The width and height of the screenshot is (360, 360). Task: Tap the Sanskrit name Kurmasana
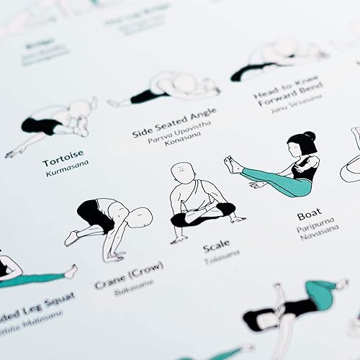pos(65,174)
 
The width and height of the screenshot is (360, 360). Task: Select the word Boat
pos(309,215)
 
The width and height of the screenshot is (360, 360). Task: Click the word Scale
pos(216,247)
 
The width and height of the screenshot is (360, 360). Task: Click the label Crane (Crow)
pos(130,276)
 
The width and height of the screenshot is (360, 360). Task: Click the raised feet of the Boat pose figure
pos(232,165)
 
